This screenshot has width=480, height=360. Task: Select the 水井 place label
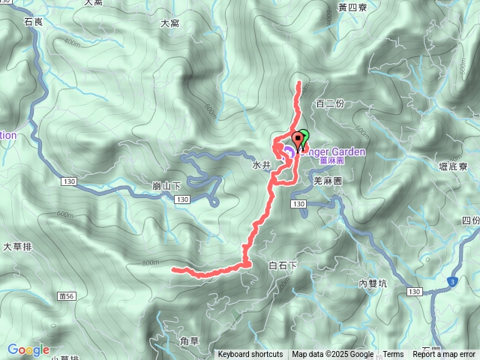coord(261,165)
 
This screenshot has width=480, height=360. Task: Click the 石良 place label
coord(34,22)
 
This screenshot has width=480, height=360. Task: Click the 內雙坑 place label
coord(373,283)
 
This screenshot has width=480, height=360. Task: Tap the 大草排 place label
coord(17,246)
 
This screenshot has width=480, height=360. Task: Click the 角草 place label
coord(190,340)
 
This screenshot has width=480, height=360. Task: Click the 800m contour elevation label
coord(150,262)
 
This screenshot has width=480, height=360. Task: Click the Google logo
coord(28,349)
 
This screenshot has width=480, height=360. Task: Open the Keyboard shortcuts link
coord(250,355)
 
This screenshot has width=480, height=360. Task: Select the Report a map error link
coord(445,355)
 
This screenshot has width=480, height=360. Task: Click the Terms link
coord(393,355)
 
